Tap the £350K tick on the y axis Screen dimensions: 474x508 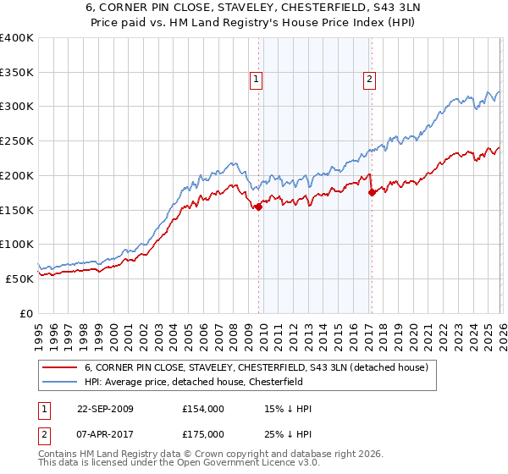click(17, 72)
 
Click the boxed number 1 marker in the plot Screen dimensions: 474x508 click(256, 80)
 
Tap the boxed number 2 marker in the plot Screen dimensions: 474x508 click(370, 80)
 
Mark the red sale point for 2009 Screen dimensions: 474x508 click(258, 207)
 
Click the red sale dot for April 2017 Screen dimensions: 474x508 click(371, 193)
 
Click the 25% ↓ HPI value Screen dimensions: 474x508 click(288, 433)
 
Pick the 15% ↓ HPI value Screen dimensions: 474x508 click(288, 409)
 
